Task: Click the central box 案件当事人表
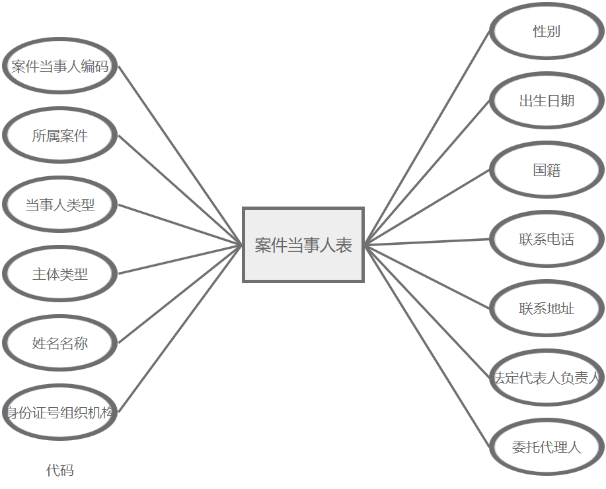(303, 245)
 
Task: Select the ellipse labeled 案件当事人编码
(59, 66)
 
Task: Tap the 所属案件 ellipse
(59, 135)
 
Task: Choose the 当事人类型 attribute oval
(59, 205)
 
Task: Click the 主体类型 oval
(59, 274)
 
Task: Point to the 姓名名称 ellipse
(59, 343)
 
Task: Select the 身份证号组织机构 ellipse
(59, 413)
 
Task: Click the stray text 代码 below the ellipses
(59, 471)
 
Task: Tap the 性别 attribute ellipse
(547, 31)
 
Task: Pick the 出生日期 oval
(547, 100)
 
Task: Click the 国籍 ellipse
(547, 170)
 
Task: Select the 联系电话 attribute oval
(547, 239)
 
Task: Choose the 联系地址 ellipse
(547, 308)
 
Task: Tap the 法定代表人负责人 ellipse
(547, 377)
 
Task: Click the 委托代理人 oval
(547, 447)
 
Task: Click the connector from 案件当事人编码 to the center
(180, 155)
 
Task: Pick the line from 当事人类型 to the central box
(180, 224)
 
